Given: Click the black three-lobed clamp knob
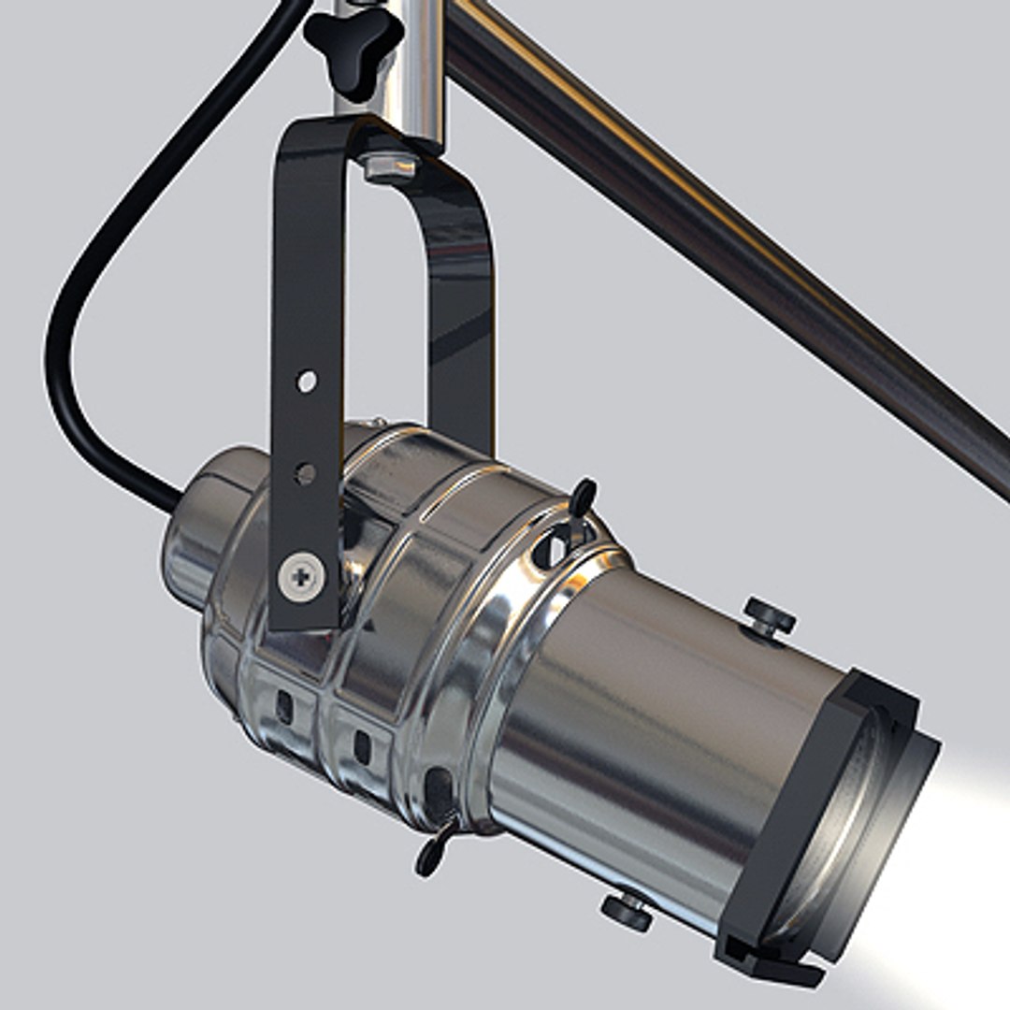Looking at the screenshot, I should [x=353, y=42].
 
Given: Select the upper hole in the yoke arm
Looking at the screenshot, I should [x=307, y=381].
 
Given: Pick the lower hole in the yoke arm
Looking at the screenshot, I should [x=305, y=473].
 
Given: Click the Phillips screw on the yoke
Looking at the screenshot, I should [x=302, y=575].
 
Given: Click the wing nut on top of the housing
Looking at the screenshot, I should [x=582, y=497].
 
